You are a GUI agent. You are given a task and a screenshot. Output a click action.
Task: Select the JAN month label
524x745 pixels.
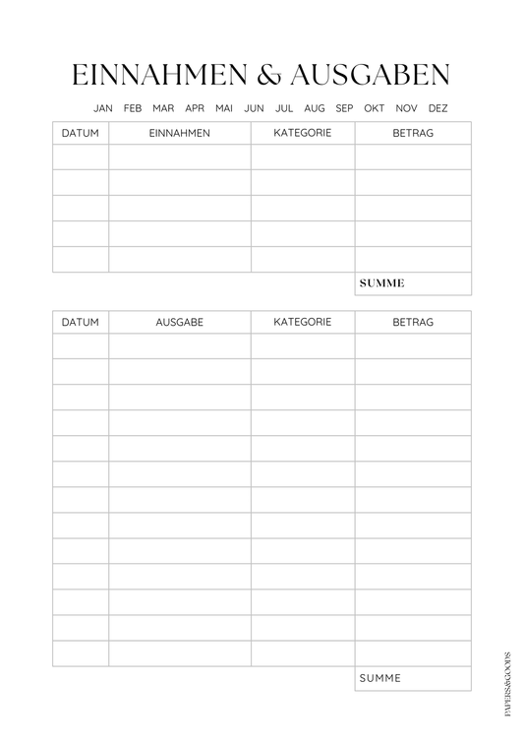pos(103,108)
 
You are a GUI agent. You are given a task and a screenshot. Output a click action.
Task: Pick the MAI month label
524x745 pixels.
pos(224,108)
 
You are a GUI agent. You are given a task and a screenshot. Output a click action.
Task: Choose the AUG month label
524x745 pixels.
pos(315,108)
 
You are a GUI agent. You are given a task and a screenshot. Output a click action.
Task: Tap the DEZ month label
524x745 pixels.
pos(437,108)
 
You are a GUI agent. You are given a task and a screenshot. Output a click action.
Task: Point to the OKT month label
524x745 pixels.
pos(375,108)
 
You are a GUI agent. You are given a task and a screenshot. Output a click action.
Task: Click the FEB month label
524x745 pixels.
pos(134,108)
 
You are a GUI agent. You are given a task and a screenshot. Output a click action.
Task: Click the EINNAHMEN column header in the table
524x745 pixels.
pos(179,133)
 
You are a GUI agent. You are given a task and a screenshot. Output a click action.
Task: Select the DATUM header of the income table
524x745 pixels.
pos(81,133)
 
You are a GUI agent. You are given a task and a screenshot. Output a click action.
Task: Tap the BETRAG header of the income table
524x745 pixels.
pos(413,133)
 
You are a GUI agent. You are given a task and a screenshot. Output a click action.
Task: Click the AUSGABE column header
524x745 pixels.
pos(179,322)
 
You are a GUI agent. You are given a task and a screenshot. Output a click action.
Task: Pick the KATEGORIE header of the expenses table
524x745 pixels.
pos(303,322)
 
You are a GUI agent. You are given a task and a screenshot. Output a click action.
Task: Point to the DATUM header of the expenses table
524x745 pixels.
pos(81,322)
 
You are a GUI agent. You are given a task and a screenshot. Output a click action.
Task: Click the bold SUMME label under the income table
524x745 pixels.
pos(382,283)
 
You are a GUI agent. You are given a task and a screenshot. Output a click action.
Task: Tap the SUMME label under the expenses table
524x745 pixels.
pos(380,678)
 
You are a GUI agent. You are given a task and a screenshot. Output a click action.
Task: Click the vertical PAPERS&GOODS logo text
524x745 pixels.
pos(507,682)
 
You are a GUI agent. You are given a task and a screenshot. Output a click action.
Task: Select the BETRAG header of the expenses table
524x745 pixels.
pos(413,322)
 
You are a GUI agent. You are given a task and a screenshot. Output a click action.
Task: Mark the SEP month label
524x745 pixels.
pos(344,108)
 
